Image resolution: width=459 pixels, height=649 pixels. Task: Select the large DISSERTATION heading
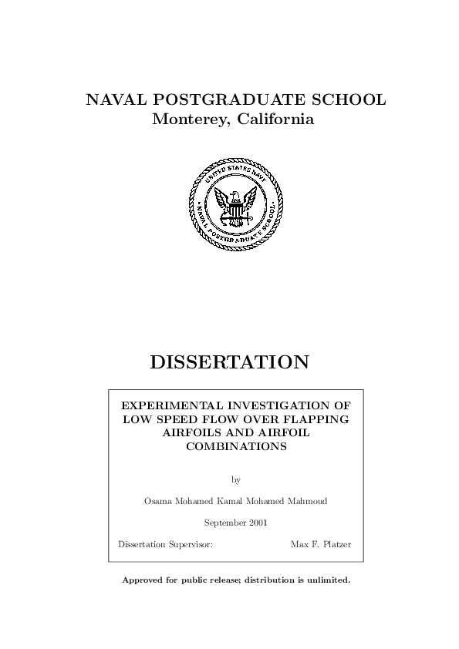coord(229,361)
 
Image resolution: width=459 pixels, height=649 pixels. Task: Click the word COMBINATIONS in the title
coord(236,447)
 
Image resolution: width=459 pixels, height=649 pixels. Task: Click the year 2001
coord(258,523)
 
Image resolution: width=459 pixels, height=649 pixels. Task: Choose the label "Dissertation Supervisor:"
coord(165,544)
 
